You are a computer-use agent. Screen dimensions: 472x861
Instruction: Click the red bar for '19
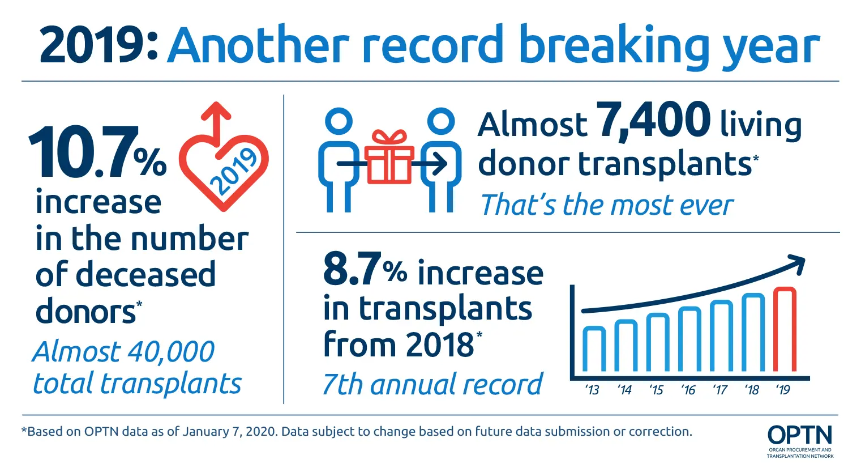[785, 330]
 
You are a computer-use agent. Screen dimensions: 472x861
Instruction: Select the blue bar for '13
[594, 349]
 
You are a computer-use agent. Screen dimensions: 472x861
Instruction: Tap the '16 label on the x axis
[688, 390]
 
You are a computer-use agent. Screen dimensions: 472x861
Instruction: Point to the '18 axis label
[752, 390]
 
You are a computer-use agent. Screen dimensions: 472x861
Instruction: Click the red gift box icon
[389, 158]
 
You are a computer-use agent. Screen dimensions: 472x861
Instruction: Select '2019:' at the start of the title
[98, 45]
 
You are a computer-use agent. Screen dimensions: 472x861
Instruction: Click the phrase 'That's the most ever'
[606, 205]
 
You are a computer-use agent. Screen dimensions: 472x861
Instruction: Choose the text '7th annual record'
[432, 384]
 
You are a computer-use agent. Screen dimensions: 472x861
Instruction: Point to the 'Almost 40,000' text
[123, 352]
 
